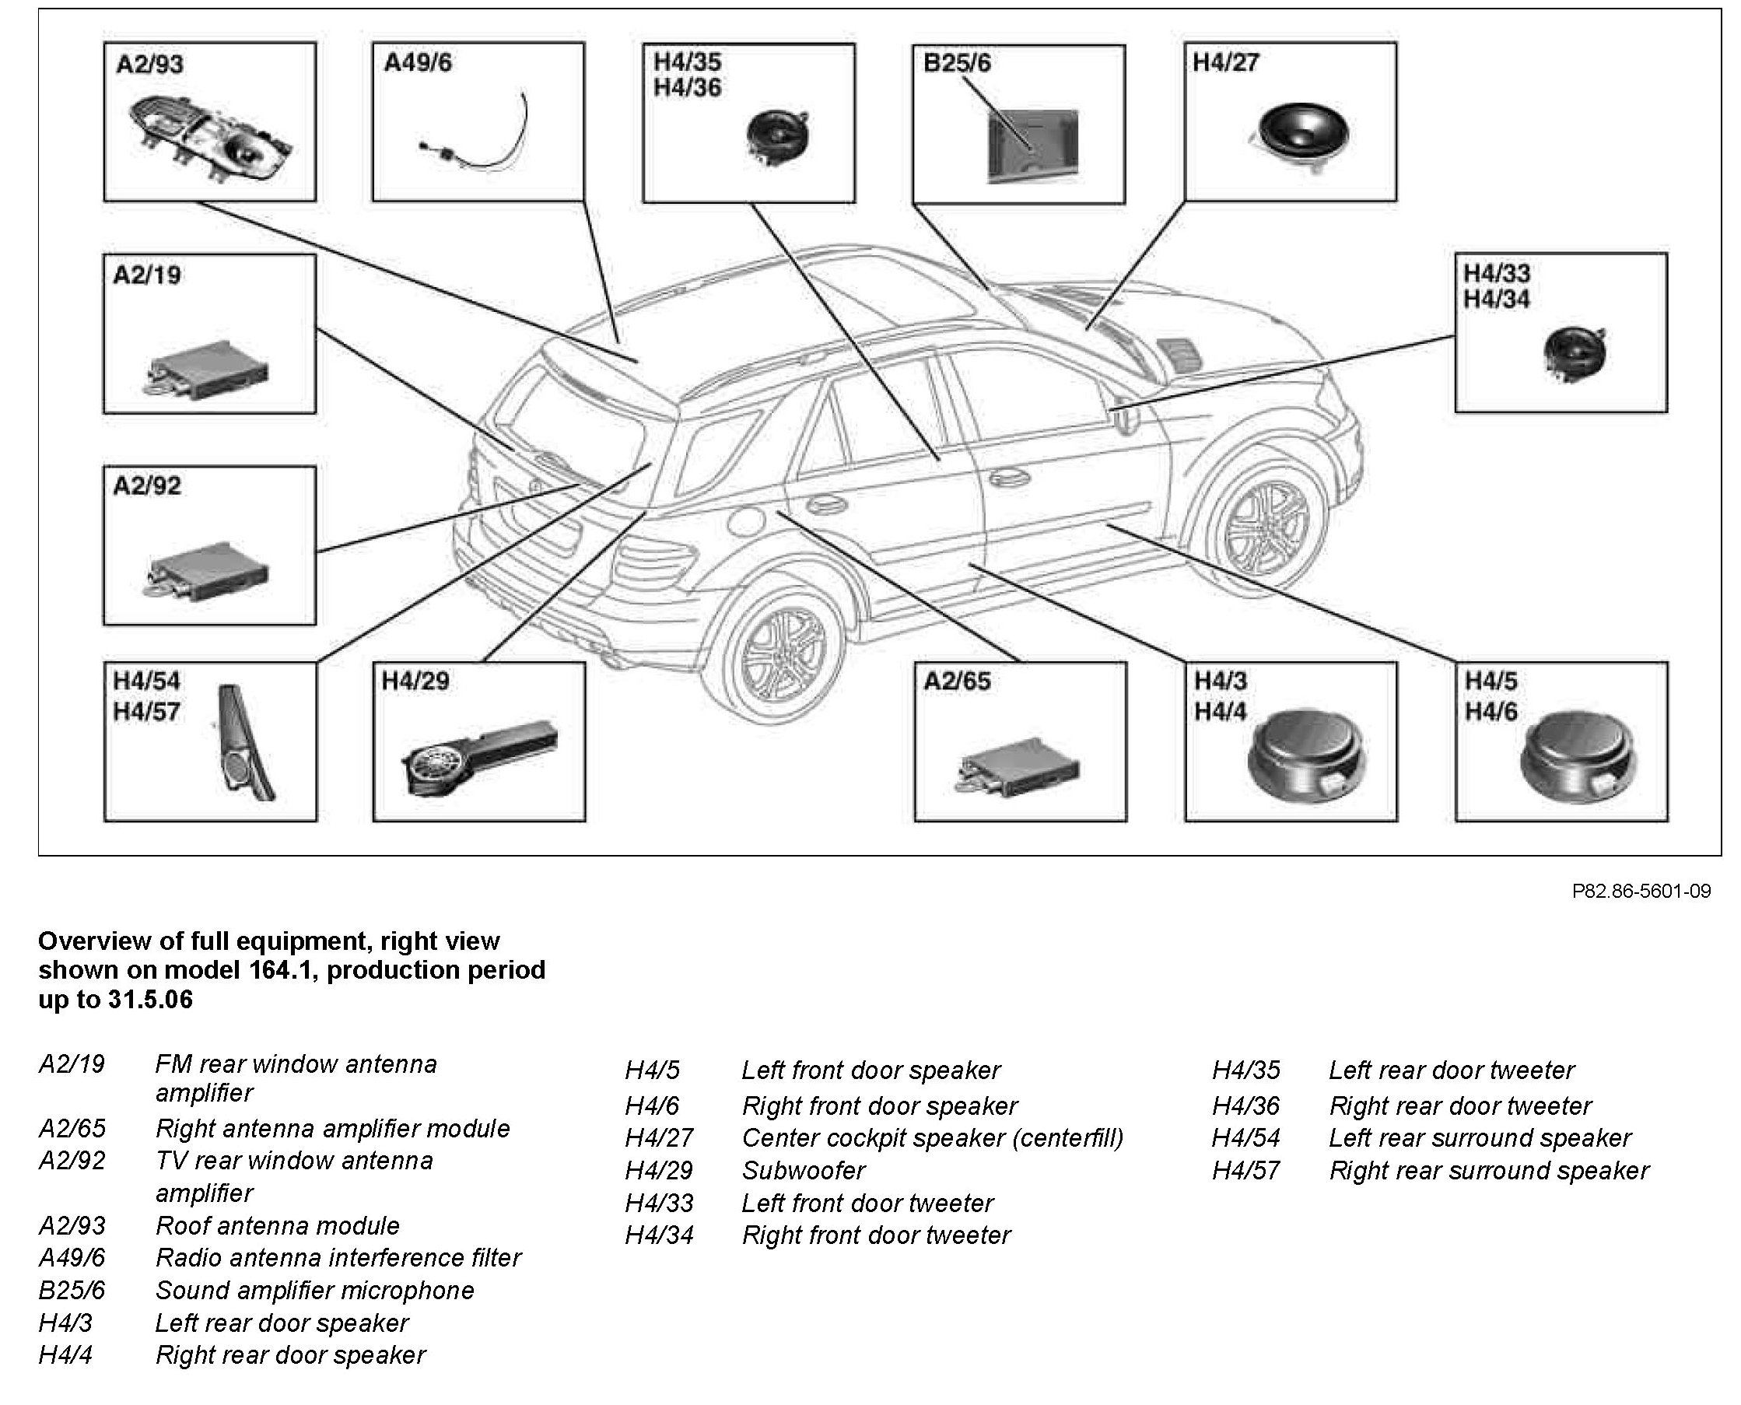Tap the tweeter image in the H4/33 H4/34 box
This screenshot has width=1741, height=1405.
point(1575,354)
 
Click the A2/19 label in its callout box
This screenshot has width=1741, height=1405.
point(147,275)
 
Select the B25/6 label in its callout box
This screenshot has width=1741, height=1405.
point(957,63)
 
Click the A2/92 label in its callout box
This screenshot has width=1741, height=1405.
point(147,485)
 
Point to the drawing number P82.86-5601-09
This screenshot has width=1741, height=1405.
point(1641,891)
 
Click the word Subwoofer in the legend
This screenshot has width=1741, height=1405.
point(804,1170)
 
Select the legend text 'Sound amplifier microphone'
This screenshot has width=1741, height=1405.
point(314,1290)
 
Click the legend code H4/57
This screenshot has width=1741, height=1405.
point(1245,1170)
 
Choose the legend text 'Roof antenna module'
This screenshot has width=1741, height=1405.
point(277,1225)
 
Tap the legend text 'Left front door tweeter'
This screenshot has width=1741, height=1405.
point(867,1203)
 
